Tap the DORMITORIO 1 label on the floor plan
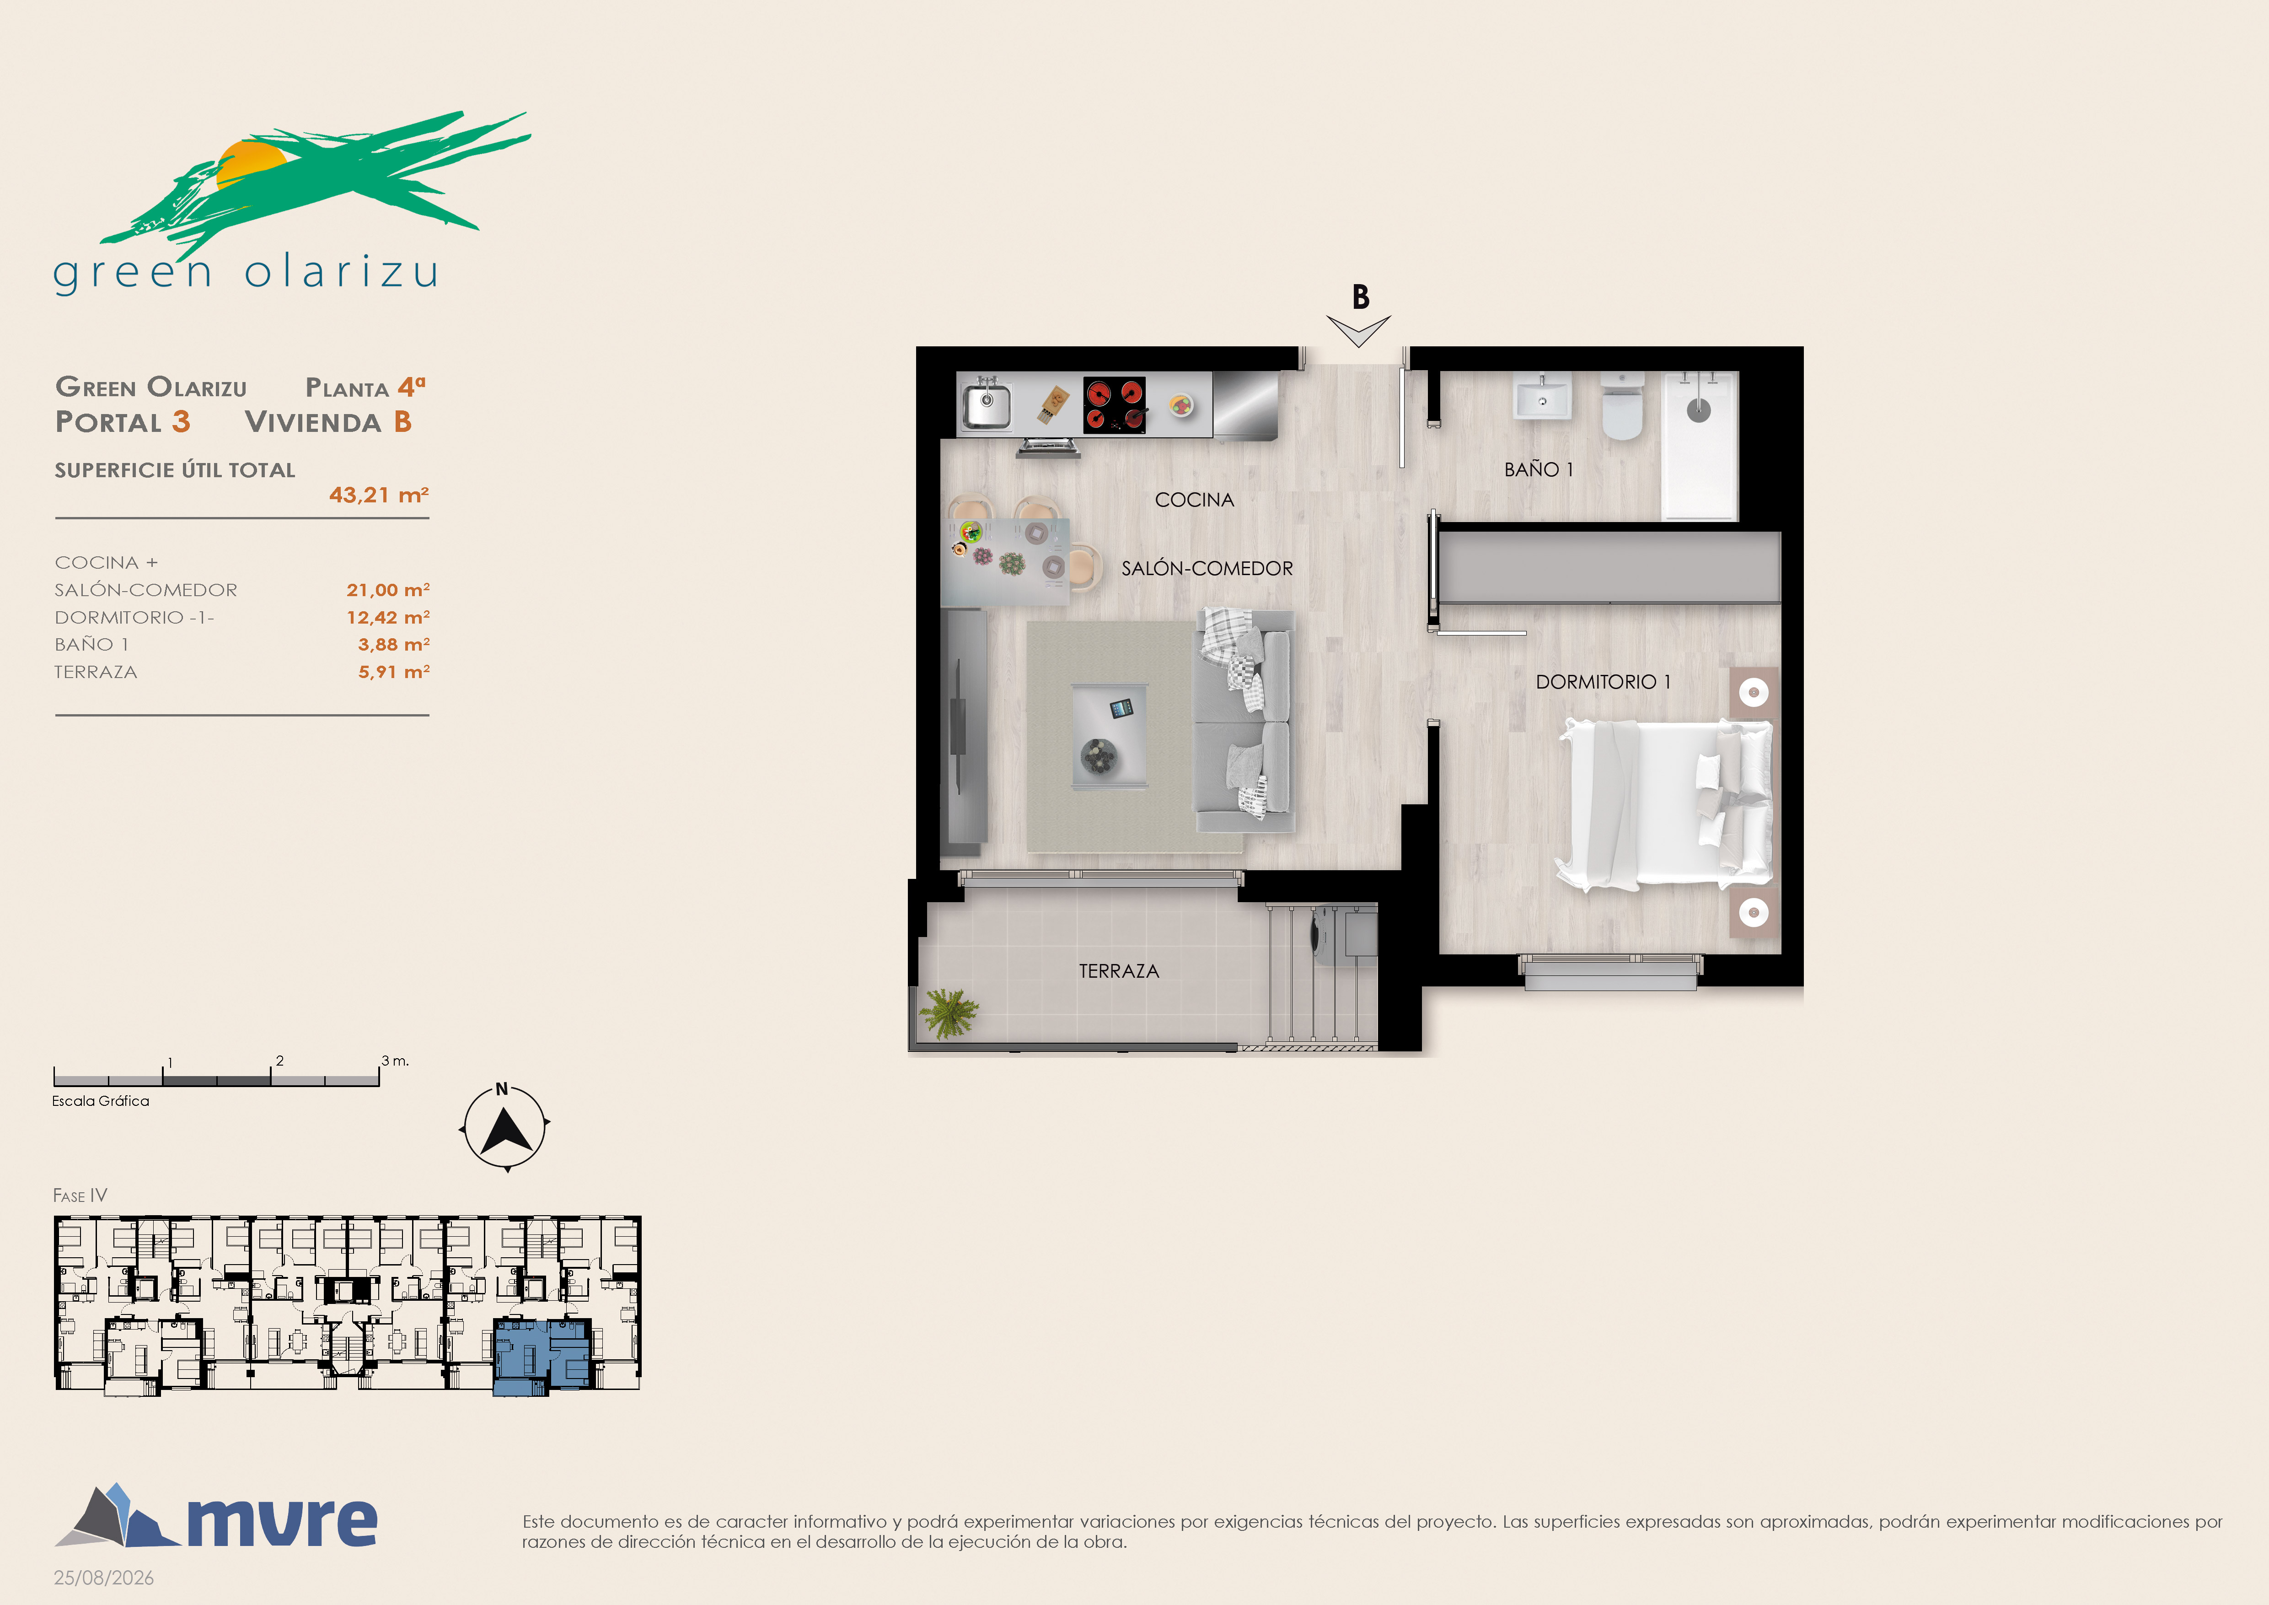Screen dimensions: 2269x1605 [x=1603, y=682]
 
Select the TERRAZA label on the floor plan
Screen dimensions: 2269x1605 [x=1119, y=971]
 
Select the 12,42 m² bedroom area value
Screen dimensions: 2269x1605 [x=387, y=617]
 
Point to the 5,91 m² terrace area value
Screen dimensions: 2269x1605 [x=393, y=672]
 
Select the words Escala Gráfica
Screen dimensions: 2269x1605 [x=101, y=1101]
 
